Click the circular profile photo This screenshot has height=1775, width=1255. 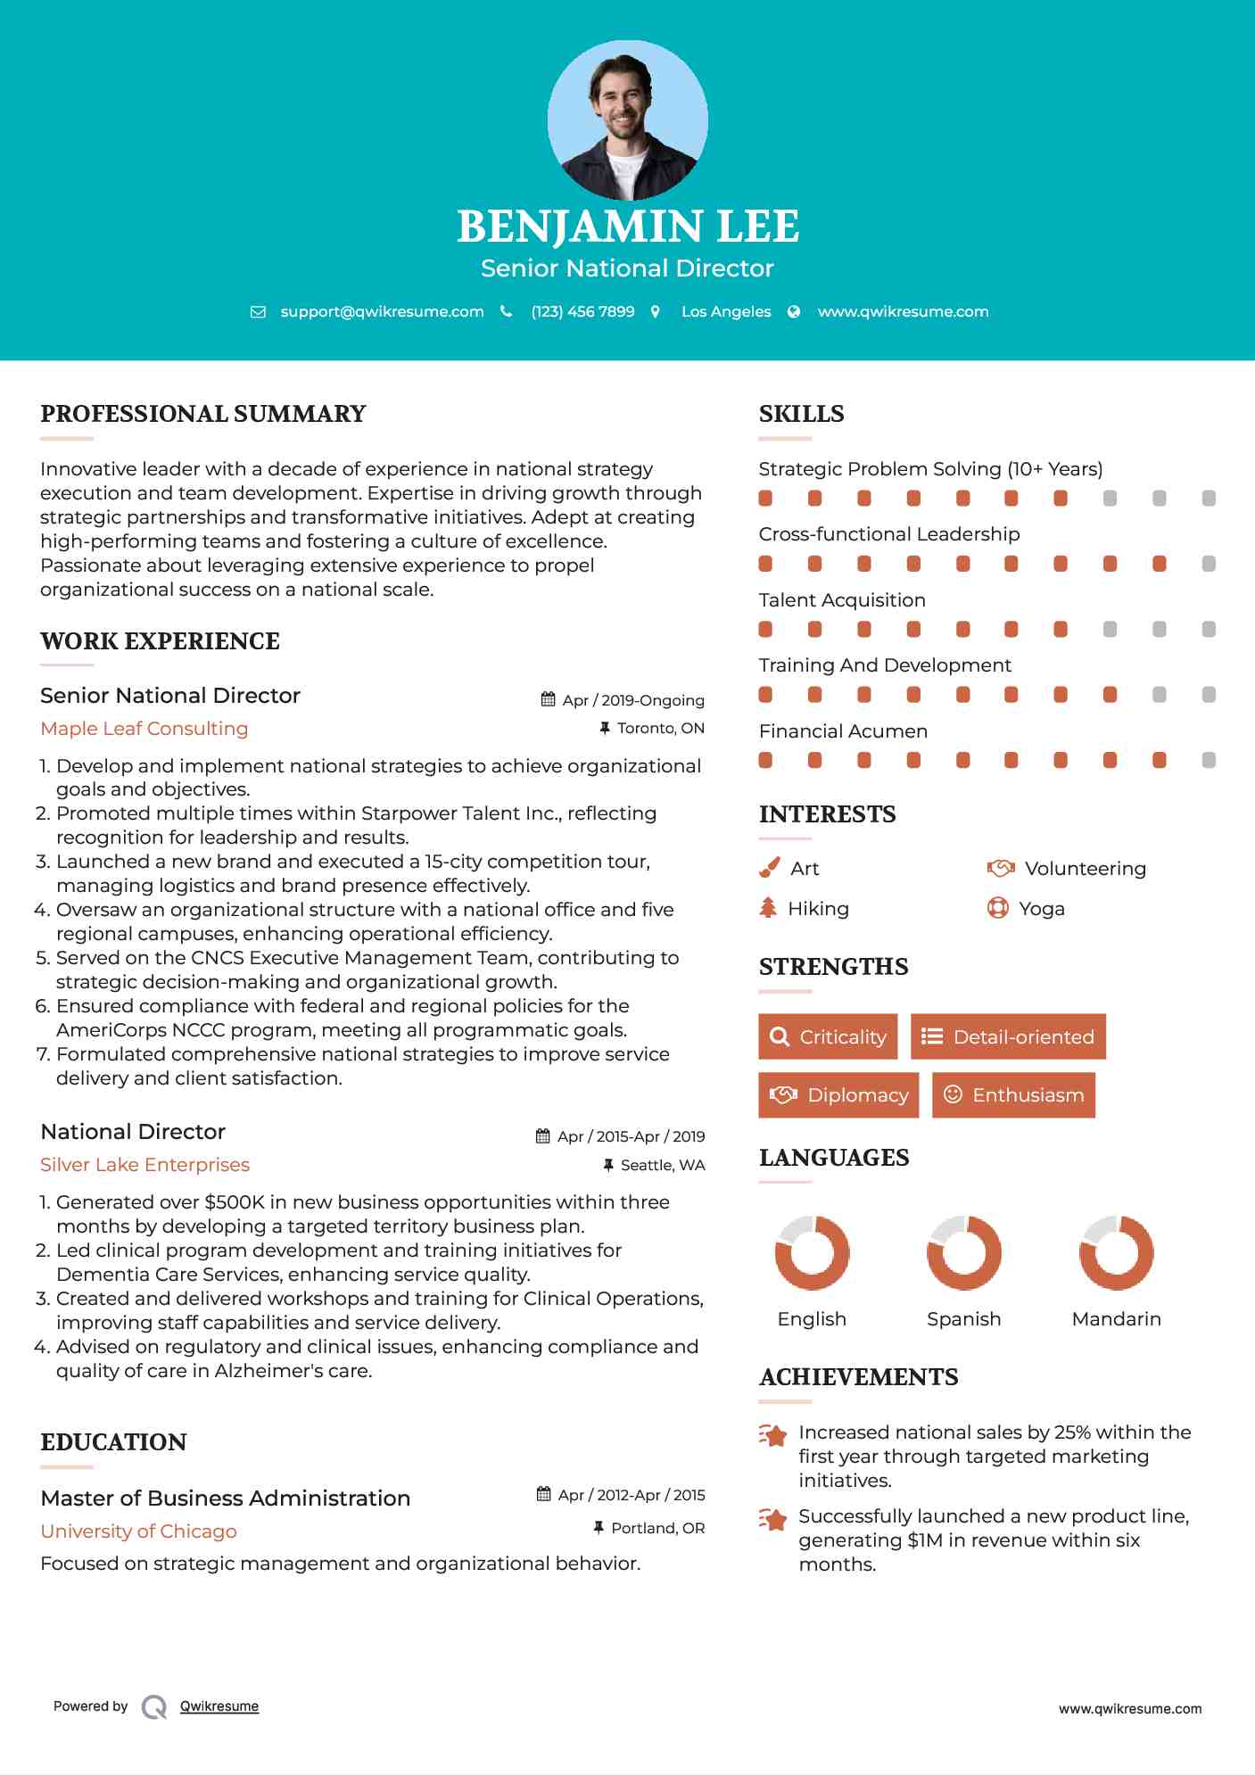pos(627,120)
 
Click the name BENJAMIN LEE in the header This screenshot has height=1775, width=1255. pos(627,227)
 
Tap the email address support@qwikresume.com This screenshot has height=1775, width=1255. pos(382,311)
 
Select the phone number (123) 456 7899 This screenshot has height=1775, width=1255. pos(582,311)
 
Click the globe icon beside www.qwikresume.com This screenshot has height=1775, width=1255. pos(794,311)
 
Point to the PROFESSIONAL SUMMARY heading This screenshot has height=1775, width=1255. pos(203,414)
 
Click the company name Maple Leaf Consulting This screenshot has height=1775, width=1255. pos(144,729)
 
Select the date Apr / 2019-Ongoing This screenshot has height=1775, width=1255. pos(632,700)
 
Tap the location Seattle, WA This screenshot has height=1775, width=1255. pos(663,1165)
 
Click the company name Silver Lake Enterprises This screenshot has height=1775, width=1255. pos(145,1165)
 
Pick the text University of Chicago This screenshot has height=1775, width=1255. pos(139,1531)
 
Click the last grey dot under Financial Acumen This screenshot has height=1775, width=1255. pos(1209,760)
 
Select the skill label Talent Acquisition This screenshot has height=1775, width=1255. pos(842,600)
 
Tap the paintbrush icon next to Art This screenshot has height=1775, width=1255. pos(769,868)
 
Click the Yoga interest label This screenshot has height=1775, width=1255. pos(1042,909)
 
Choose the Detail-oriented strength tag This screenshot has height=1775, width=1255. pos(1008,1036)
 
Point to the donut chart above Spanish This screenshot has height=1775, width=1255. pos(964,1252)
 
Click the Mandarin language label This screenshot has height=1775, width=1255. pos(1116,1319)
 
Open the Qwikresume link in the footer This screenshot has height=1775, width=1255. pos(219,1706)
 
